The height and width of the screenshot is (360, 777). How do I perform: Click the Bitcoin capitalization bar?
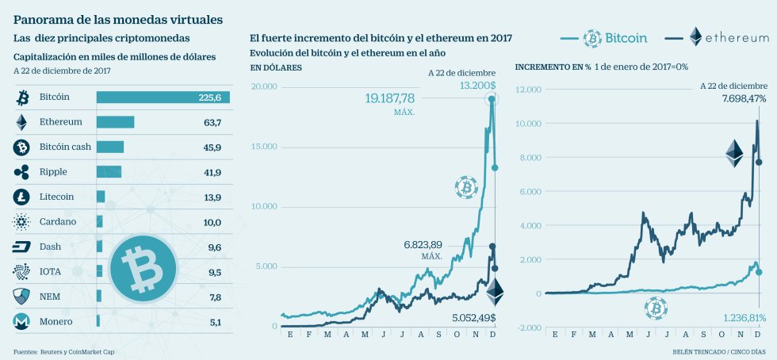(163, 98)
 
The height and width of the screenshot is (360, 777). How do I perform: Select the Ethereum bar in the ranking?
(115, 122)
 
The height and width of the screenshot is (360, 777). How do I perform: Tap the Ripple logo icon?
(21, 172)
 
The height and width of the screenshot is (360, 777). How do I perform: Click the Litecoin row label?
(56, 197)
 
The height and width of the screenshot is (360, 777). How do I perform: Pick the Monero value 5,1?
(212, 321)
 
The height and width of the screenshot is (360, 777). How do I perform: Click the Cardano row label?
(58, 221)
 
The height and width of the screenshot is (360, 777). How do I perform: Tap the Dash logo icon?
(21, 247)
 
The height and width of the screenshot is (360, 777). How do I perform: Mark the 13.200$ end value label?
(476, 85)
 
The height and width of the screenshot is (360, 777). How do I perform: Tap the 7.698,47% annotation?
(733, 99)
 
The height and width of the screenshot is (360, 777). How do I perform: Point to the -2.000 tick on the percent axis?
(528, 327)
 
